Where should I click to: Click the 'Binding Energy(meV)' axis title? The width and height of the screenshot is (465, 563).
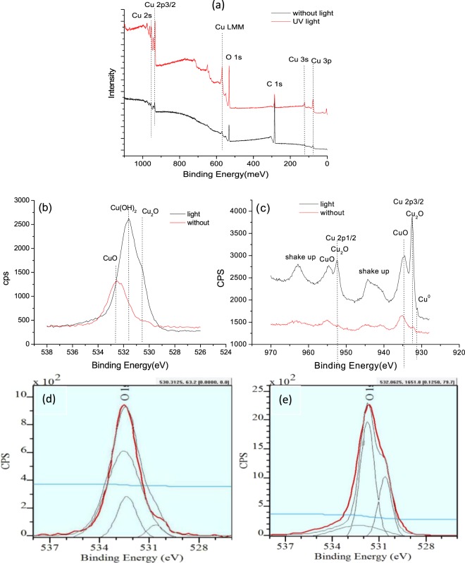(221, 173)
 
